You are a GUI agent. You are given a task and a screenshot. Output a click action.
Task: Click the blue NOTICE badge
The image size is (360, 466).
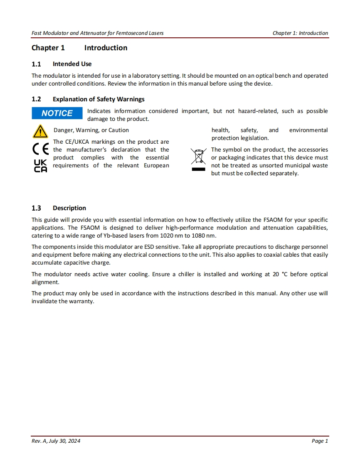57,113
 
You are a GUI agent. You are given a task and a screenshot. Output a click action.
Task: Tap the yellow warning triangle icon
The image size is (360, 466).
40,131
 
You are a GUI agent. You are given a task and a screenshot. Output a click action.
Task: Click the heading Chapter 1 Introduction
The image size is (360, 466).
79,48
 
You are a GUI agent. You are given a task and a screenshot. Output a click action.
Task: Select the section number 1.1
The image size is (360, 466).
36,64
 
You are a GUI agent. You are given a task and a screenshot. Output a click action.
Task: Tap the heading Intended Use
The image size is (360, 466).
72,64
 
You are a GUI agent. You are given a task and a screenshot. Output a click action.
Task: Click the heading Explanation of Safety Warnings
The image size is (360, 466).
99,99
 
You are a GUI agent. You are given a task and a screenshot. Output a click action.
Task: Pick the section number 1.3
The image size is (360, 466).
36,208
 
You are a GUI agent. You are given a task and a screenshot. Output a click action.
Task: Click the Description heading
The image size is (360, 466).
69,208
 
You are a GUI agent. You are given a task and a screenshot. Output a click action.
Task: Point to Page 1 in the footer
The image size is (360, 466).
320,441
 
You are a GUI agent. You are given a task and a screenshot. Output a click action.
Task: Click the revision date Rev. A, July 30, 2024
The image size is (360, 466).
56,441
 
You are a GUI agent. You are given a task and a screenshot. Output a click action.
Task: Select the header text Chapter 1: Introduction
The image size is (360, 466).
300,33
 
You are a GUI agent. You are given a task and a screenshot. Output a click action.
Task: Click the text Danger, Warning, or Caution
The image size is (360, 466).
91,130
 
